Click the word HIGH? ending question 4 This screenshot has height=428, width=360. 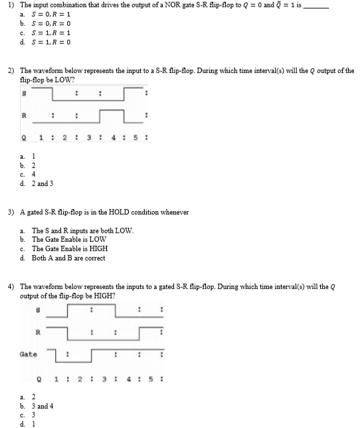[x=105, y=295]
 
